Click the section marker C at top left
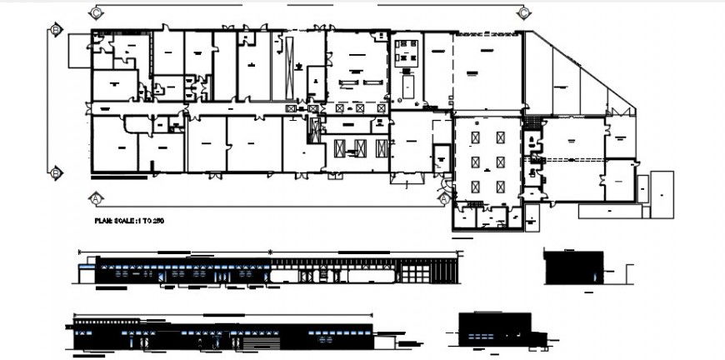[96, 13]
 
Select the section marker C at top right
[524, 12]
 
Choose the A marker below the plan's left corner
[96, 198]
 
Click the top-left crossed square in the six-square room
[476, 137]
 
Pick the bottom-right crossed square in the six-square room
[499, 187]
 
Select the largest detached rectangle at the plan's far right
[662, 194]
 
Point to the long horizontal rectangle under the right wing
[610, 212]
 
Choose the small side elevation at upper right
[572, 266]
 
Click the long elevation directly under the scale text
[267, 270]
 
